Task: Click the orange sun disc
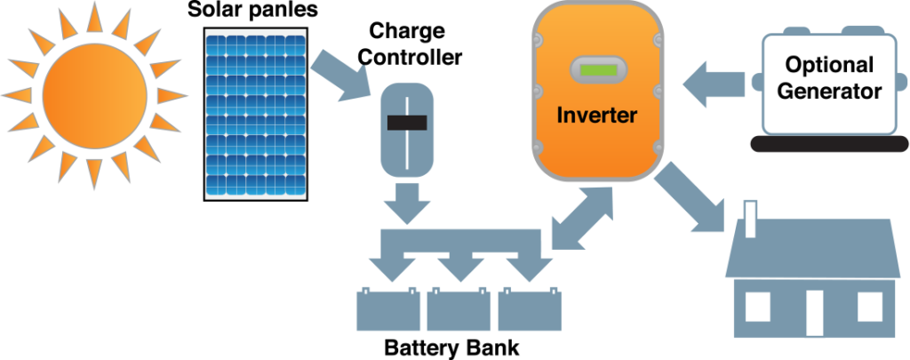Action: tap(93, 92)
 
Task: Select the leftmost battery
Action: tap(388, 310)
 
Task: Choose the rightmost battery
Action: tap(531, 310)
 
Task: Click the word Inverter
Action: tap(596, 116)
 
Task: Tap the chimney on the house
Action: tap(751, 219)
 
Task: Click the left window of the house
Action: tap(757, 307)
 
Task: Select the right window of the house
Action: tap(869, 307)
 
